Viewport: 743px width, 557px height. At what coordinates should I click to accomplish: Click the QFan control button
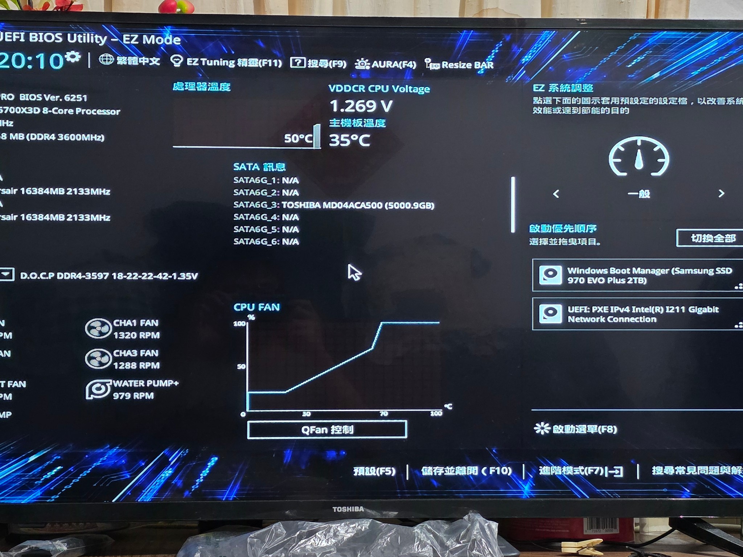[x=327, y=430]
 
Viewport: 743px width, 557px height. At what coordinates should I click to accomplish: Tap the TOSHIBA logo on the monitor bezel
[x=348, y=509]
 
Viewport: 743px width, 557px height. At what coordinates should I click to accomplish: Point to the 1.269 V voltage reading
[x=361, y=106]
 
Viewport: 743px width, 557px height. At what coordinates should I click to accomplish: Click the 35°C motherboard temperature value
[x=349, y=140]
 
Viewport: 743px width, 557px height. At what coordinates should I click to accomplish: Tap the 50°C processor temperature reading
[x=298, y=138]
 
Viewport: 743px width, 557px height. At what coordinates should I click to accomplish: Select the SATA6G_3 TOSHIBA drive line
[x=333, y=205]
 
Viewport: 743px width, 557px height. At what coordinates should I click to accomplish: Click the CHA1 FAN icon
[x=98, y=329]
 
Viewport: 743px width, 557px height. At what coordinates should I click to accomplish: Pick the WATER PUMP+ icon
[x=98, y=389]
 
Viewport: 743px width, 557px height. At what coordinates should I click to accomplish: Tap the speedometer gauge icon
[x=639, y=157]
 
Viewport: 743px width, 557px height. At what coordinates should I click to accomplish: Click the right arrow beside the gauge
[x=721, y=193]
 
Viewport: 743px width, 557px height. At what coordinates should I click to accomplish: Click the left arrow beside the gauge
[x=556, y=194]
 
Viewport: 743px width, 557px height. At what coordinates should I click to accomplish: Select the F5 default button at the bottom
[x=374, y=471]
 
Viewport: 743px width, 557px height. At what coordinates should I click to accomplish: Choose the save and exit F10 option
[x=466, y=471]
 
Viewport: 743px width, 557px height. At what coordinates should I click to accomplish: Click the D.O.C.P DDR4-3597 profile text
[x=109, y=276]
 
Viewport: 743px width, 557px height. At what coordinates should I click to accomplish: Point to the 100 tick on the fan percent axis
[x=239, y=323]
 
